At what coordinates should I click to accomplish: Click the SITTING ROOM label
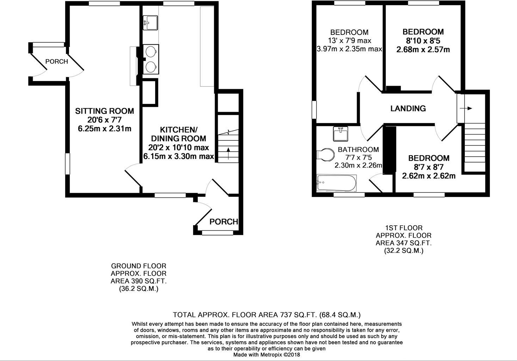click(104, 111)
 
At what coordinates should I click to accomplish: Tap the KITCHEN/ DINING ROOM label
click(179, 134)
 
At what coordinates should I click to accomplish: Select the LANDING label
click(408, 109)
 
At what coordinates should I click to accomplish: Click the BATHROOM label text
click(358, 149)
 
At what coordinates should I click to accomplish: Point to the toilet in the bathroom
click(326, 154)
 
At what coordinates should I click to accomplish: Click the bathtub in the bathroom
click(337, 183)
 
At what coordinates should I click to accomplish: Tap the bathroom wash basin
click(340, 134)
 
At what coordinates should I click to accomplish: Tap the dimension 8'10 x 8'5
click(423, 41)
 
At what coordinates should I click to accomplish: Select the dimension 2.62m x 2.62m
click(429, 176)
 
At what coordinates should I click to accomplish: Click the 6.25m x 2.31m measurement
click(104, 129)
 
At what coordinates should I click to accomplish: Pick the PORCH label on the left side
click(56, 62)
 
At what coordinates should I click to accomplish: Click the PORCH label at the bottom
click(224, 222)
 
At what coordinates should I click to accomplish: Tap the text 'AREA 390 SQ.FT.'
click(139, 281)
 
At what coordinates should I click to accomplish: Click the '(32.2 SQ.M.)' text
click(404, 251)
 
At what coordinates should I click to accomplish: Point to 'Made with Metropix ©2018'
click(266, 355)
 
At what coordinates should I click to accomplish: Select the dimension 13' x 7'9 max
click(349, 41)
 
